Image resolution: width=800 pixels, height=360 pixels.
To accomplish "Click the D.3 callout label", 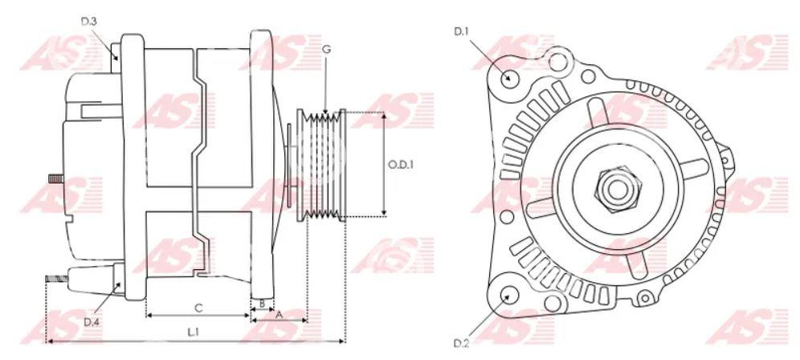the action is pyautogui.click(x=89, y=21).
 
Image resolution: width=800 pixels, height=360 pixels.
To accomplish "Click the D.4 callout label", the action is pyautogui.click(x=92, y=322).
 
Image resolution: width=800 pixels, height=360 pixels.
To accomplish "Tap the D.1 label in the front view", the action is pyautogui.click(x=462, y=31).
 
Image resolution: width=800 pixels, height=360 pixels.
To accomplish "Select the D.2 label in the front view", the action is pyautogui.click(x=461, y=342).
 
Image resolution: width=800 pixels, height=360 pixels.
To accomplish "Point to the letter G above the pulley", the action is pyautogui.click(x=327, y=49).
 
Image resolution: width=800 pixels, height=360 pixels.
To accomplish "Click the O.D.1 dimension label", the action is pyautogui.click(x=401, y=165).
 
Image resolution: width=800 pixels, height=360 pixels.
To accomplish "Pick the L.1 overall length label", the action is pyautogui.click(x=193, y=332).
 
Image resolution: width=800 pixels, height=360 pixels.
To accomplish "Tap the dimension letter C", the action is pyautogui.click(x=199, y=308).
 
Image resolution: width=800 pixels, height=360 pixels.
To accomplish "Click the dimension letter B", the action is pyautogui.click(x=262, y=303).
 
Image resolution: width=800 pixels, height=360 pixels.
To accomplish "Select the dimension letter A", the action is pyautogui.click(x=279, y=316).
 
